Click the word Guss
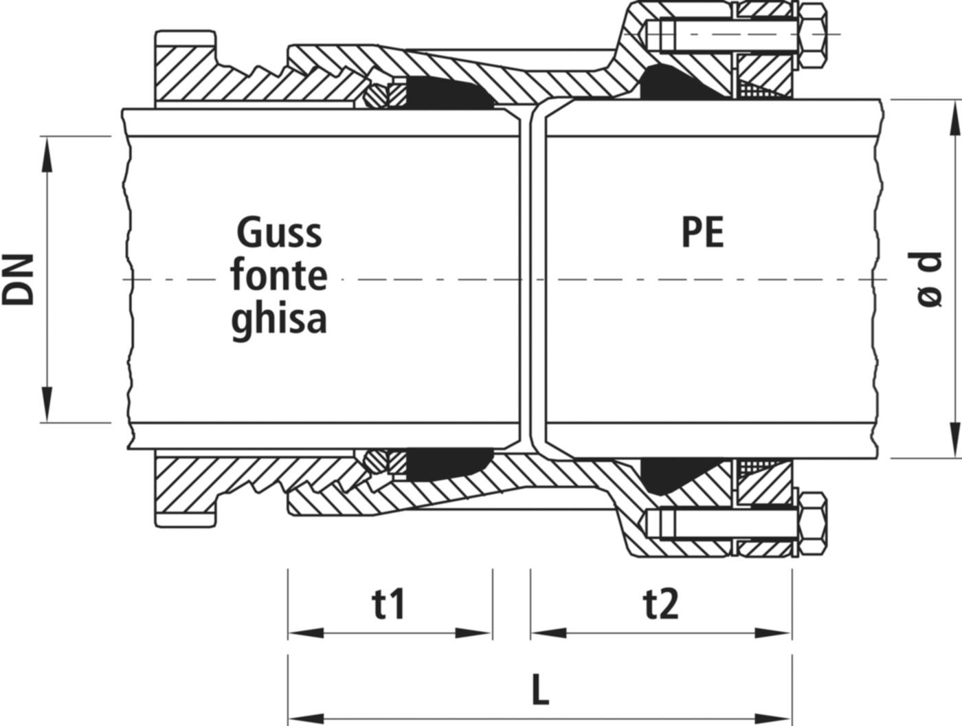279,234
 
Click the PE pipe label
702,234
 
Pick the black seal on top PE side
677,82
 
